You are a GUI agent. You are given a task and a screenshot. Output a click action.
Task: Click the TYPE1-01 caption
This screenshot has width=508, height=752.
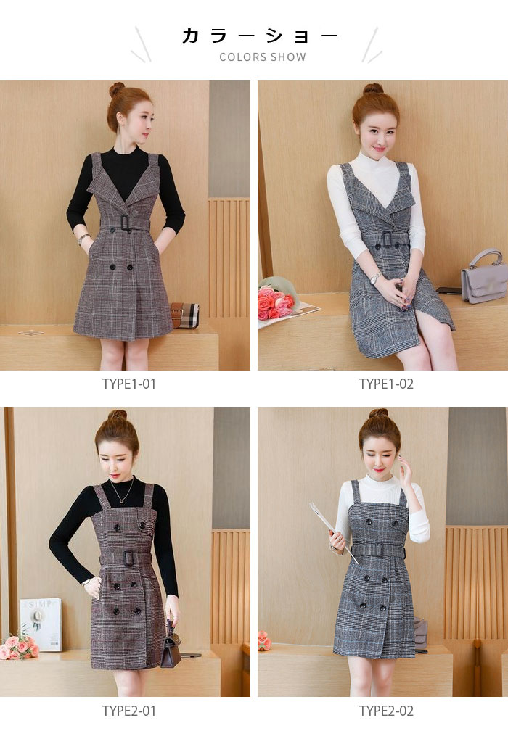[x=128, y=384]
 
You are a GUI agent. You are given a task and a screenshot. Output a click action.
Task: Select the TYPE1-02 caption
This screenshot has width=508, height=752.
[x=386, y=384]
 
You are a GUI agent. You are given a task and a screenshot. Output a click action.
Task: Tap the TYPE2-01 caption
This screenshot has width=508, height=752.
[x=129, y=711]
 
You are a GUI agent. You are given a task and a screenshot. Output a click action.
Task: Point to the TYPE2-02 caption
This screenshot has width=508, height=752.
[x=386, y=711]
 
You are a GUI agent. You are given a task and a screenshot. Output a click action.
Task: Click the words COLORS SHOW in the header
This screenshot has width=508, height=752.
[x=263, y=57]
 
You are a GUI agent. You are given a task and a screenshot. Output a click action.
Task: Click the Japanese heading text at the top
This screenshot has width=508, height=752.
[x=260, y=36]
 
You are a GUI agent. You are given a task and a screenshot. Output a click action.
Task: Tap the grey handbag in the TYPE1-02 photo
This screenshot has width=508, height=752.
[x=483, y=277]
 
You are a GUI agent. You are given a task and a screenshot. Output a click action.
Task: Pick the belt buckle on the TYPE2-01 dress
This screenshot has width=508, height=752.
[x=128, y=558]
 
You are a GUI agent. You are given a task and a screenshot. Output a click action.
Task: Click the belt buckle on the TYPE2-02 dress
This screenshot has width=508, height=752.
[x=377, y=550]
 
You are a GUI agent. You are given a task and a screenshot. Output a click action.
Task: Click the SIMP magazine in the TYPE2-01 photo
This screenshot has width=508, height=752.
[x=41, y=624]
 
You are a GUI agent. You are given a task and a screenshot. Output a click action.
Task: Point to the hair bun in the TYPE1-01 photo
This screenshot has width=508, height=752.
[x=116, y=89]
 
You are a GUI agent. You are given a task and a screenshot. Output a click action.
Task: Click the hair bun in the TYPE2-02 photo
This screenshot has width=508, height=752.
[x=378, y=413]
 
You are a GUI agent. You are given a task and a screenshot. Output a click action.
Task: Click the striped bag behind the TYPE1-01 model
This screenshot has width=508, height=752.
[x=185, y=315]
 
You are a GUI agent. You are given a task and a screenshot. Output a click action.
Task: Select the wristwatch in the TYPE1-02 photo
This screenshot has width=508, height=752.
[x=374, y=278]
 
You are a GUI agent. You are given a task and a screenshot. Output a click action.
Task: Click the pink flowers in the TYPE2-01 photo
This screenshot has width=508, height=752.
[x=19, y=648]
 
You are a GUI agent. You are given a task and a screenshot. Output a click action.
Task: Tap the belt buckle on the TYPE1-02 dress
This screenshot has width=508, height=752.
[x=385, y=240]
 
